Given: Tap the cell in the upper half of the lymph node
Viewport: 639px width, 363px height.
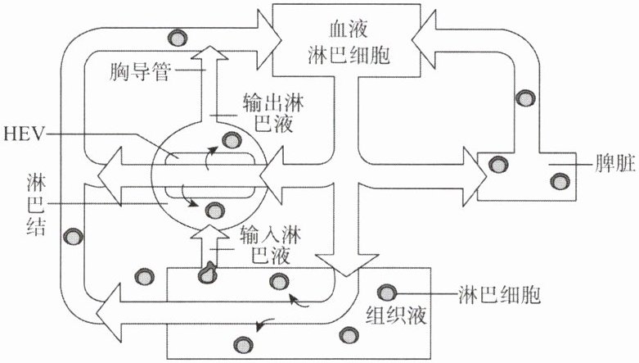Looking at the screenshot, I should [x=232, y=139].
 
